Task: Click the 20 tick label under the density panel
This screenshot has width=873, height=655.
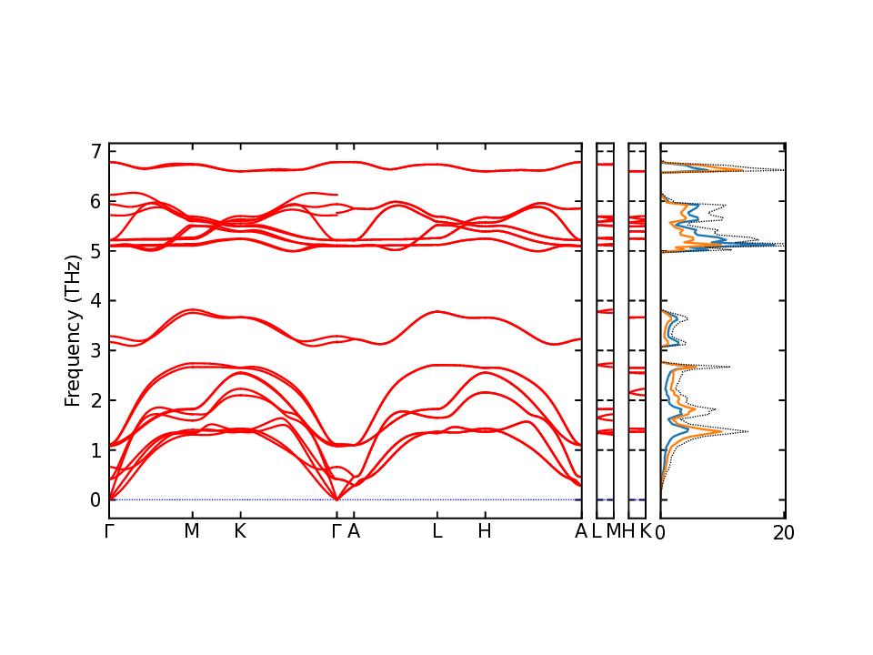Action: coord(784,533)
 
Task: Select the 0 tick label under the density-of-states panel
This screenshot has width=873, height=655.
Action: coord(661,533)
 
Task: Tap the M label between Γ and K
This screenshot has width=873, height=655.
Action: coord(191,531)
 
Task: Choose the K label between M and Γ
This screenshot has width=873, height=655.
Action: coord(240,531)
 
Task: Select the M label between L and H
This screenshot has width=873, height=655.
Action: coord(613,531)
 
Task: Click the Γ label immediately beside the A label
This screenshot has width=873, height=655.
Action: coord(336,531)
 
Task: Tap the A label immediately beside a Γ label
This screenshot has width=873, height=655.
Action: coord(354,531)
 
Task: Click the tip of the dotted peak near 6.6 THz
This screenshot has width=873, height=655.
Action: coord(783,170)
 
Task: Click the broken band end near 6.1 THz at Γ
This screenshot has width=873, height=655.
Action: coord(337,195)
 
